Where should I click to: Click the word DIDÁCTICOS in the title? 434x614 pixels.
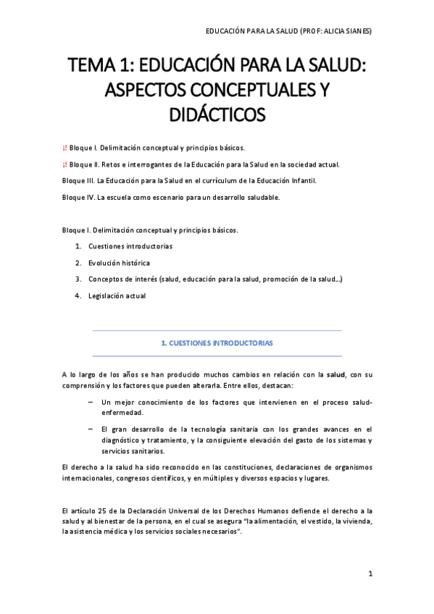pos(217,114)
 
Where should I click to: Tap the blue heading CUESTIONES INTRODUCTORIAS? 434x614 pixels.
pos(217,343)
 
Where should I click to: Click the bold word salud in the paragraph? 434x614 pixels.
pos(335,374)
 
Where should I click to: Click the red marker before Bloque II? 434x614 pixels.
pos(65,164)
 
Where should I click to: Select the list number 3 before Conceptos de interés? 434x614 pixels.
pos(78,279)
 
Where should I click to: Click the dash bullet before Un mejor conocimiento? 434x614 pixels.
pos(90,402)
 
